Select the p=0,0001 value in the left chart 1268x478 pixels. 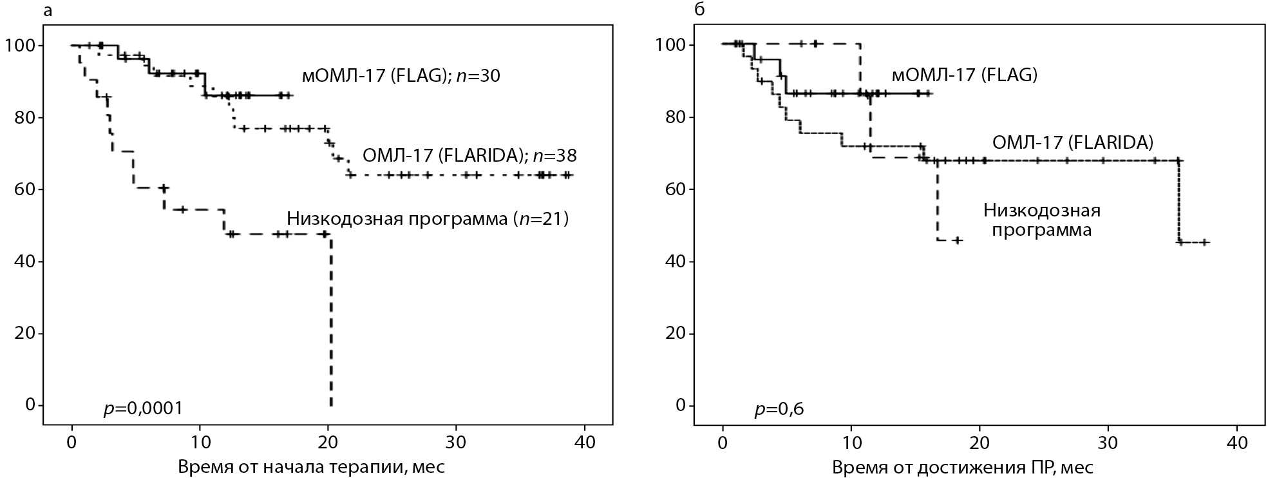143,408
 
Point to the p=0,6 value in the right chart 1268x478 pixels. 779,408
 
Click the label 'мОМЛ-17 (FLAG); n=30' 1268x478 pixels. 401,76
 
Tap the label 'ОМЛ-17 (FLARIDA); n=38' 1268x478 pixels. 469,155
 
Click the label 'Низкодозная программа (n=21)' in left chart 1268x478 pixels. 428,219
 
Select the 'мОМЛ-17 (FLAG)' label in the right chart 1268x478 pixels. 964,75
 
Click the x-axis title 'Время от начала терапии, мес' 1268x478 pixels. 311,466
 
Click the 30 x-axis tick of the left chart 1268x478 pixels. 456,444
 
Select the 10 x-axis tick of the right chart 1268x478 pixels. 851,444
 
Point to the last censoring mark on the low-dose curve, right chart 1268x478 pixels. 958,240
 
